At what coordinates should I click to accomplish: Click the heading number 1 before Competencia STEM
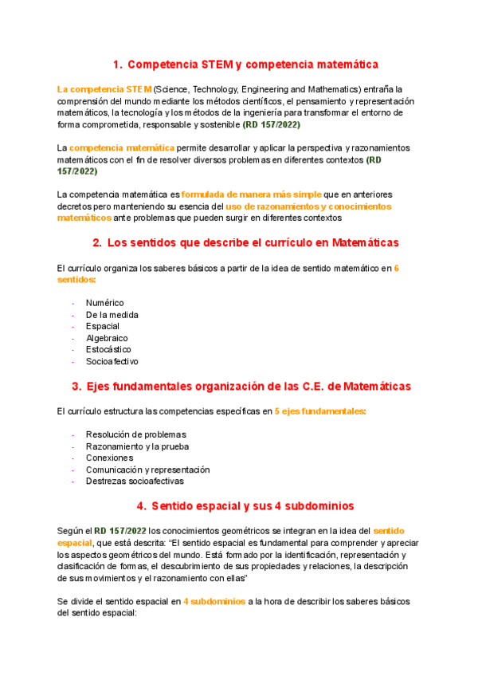click(116, 64)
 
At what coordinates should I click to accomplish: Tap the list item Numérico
click(105, 303)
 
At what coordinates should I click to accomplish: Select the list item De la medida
click(112, 315)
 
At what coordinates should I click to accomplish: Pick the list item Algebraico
click(108, 338)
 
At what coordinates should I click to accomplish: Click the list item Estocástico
click(109, 349)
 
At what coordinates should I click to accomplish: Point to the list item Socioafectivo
click(112, 361)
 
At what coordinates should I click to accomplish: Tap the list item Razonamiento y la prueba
click(137, 446)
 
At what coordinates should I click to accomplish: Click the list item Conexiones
click(110, 458)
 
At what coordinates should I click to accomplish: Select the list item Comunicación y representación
click(147, 470)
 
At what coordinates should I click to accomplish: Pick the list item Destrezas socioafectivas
click(135, 481)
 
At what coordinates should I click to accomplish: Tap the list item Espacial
click(103, 326)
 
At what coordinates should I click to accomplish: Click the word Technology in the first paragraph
click(216, 89)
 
